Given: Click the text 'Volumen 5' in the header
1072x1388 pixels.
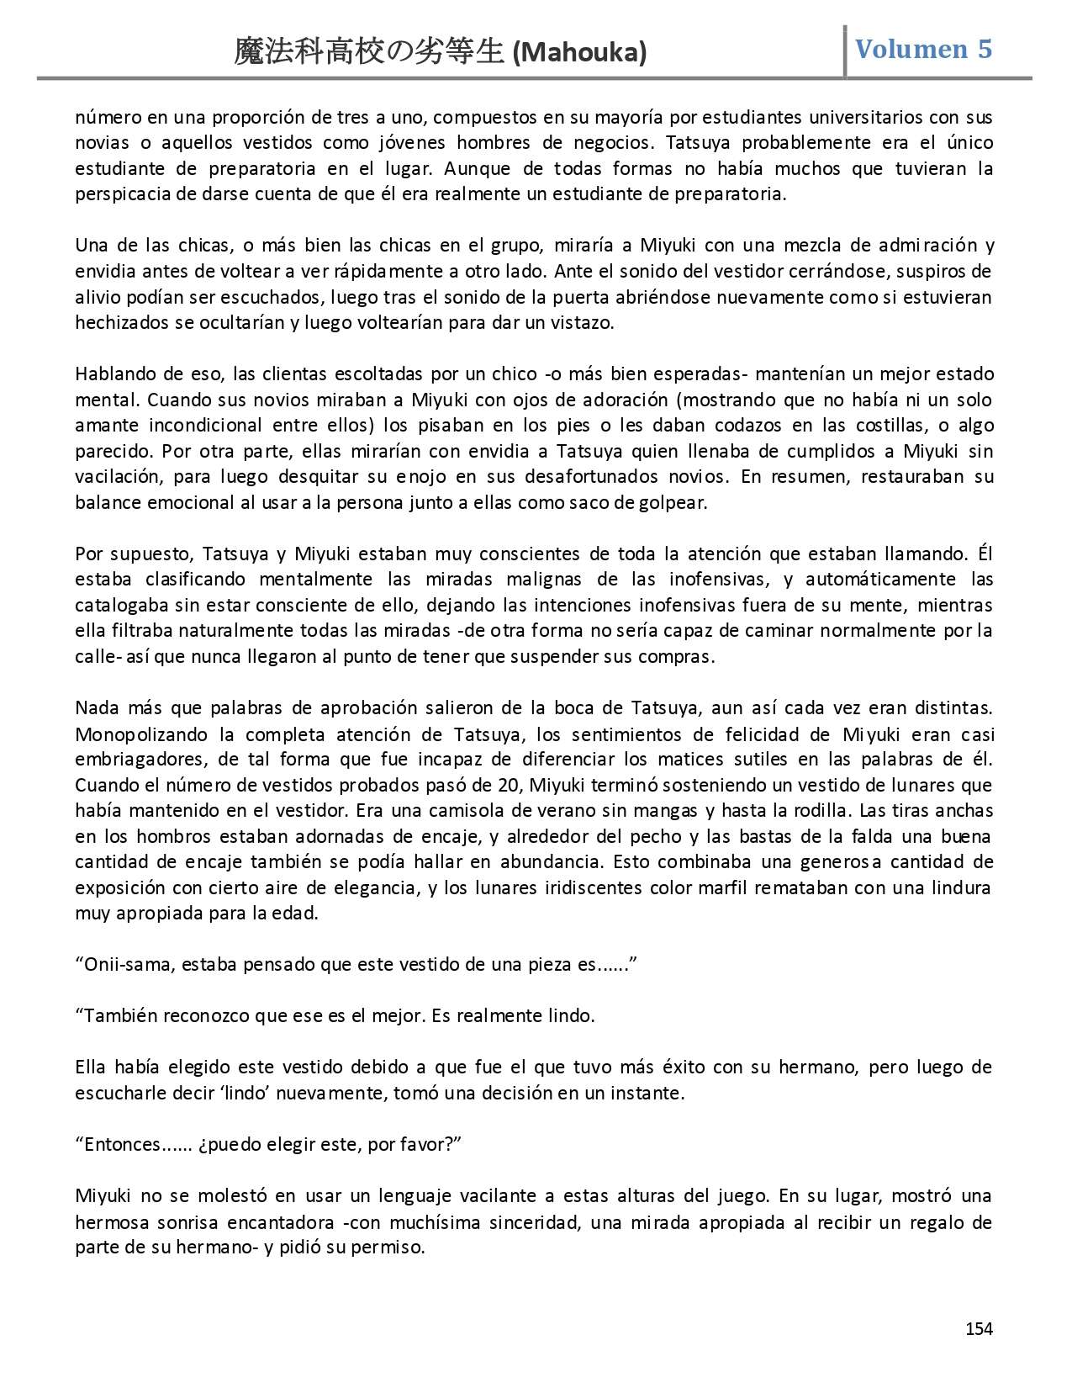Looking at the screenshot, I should pyautogui.click(x=923, y=49).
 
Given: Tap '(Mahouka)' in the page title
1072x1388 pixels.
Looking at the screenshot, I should pyautogui.click(x=579, y=53).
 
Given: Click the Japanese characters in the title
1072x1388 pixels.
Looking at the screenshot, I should pyautogui.click(x=370, y=53).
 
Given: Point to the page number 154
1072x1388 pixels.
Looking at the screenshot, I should pyautogui.click(x=979, y=1329).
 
